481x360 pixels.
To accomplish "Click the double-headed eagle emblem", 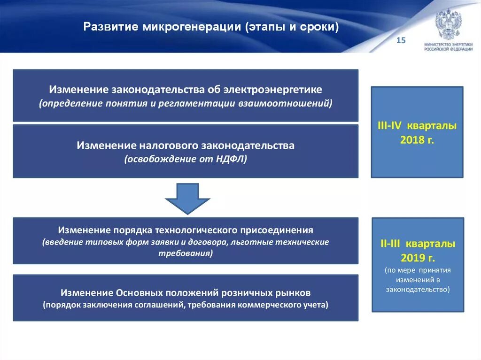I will pos(448,24).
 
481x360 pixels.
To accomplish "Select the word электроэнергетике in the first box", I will pos(272,89).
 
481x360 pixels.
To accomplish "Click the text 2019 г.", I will pos(418,258).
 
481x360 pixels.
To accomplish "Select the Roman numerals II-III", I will pos(391,245).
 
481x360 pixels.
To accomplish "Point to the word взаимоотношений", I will pos(295,103).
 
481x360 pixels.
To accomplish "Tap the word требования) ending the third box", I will pos(186,253).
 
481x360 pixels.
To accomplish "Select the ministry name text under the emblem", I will pos(448,46).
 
